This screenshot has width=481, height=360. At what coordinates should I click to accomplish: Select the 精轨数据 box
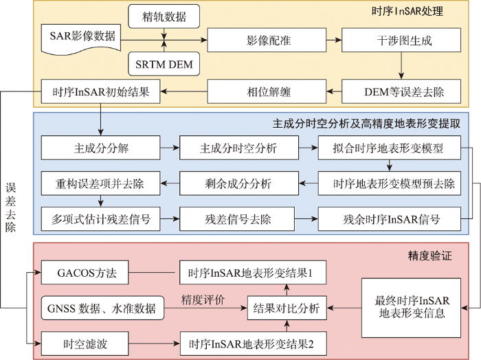pos(163,14)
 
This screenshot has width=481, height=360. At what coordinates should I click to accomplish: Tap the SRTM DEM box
pos(163,65)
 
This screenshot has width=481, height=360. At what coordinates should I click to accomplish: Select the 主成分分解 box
pos(101,147)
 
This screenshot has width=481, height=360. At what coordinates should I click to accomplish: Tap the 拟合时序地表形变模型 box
pos(389,147)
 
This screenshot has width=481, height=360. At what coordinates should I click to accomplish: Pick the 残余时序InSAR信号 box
pos(389,221)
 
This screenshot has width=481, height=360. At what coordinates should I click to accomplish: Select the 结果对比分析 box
pos(287,308)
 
